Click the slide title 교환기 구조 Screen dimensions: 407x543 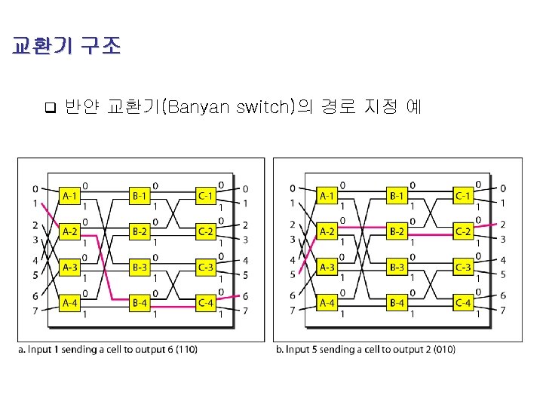(66, 47)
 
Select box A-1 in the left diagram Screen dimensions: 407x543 (70, 196)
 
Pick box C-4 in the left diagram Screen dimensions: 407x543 (205, 303)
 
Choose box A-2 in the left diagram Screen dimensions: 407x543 (70, 231)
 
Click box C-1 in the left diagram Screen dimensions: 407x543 (205, 196)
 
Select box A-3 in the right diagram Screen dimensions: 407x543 (327, 268)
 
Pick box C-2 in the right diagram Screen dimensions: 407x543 (463, 231)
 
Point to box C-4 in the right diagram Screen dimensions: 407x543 (463, 303)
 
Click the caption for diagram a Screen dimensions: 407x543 (110, 349)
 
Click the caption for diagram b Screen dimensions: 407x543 (366, 349)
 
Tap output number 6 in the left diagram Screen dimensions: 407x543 (246, 296)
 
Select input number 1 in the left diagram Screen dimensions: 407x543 (35, 203)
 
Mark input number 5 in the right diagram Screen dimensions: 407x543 (293, 274)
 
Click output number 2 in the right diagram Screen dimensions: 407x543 (503, 225)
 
